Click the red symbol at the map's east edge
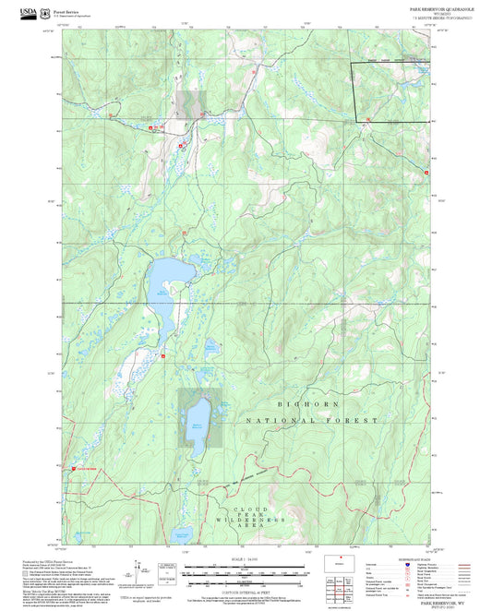coord(426,172)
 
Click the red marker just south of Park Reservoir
coord(163,353)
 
